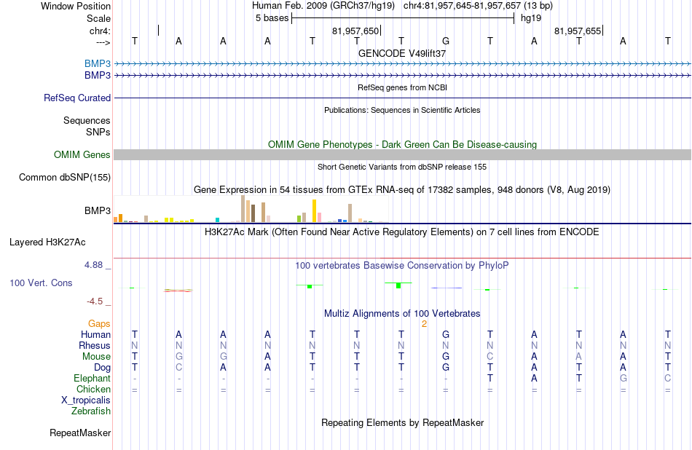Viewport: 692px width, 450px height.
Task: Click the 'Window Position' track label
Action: coord(76,6)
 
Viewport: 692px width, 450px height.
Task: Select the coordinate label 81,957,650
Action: coord(355,31)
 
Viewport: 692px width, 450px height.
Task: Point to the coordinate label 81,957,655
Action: coord(577,31)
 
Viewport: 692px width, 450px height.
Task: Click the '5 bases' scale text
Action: coord(272,18)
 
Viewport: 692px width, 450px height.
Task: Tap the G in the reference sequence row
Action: coord(446,41)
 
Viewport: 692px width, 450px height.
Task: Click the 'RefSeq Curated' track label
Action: coord(77,98)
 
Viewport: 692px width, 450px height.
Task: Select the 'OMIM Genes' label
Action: coord(82,155)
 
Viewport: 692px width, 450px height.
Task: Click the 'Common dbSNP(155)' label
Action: coord(65,178)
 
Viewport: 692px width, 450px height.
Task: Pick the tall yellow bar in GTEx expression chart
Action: coord(314,211)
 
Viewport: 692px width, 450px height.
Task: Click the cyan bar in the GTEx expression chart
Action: coord(218,220)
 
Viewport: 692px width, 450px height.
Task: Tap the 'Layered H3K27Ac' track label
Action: coord(47,242)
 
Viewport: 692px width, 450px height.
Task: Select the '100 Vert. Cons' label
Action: coord(41,283)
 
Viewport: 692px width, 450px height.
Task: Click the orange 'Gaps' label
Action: coord(99,324)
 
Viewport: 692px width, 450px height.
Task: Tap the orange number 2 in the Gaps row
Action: coord(424,324)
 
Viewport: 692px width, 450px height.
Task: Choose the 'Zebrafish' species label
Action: coord(91,411)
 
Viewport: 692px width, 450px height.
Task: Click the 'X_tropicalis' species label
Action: coord(86,400)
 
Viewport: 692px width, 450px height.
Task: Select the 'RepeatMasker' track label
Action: coord(80,433)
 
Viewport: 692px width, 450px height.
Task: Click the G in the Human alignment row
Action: coord(446,334)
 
